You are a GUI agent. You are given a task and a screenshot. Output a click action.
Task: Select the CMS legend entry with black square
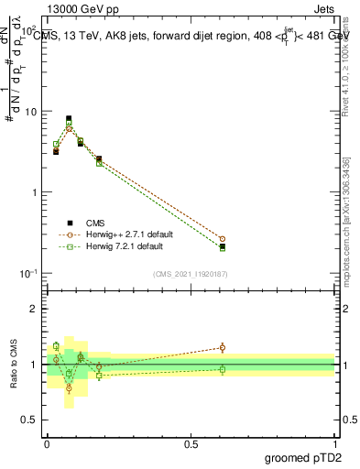[x=89, y=222]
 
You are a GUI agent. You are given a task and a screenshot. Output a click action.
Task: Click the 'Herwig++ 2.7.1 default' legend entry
[x=117, y=234]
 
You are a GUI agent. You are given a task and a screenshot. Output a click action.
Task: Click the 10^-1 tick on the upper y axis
[x=27, y=274]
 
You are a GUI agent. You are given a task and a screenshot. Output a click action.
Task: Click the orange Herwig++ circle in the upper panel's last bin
[x=223, y=239]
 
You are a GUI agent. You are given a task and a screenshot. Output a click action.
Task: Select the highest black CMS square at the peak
[x=69, y=118]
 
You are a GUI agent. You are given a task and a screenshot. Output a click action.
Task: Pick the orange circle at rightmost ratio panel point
[x=223, y=347]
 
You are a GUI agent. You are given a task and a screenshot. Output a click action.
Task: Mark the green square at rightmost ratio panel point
[x=223, y=369]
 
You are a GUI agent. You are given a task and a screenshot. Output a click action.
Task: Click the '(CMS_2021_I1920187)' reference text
[x=190, y=274]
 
